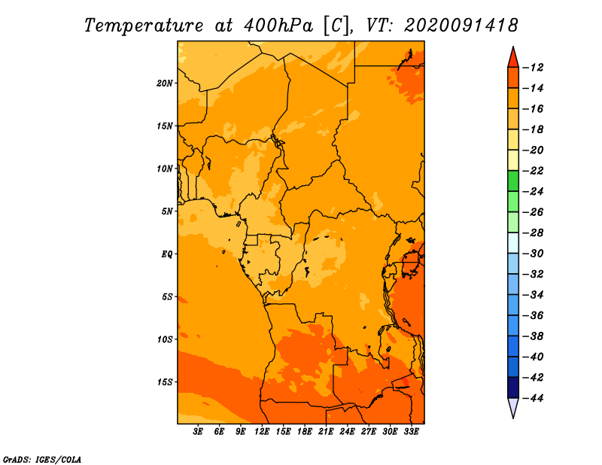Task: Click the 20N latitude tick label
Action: pyautogui.click(x=165, y=84)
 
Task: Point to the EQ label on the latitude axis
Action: pyautogui.click(x=167, y=254)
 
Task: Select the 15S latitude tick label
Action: pyautogui.click(x=165, y=382)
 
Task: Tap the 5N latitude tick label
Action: pyautogui.click(x=167, y=211)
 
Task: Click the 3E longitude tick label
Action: pyautogui.click(x=198, y=432)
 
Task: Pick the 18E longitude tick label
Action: pyautogui.click(x=305, y=432)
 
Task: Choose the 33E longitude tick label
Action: pyautogui.click(x=411, y=432)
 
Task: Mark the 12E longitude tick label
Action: pyautogui.click(x=262, y=432)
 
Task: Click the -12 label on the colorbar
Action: pyautogui.click(x=534, y=68)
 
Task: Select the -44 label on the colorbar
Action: pyautogui.click(x=534, y=398)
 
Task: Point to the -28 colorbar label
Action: pyautogui.click(x=534, y=233)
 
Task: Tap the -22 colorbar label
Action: pyautogui.click(x=534, y=171)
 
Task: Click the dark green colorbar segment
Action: pyautogui.click(x=513, y=181)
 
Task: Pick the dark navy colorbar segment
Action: pyautogui.click(x=513, y=387)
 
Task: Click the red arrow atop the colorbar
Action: pyautogui.click(x=513, y=59)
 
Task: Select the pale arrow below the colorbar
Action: pyautogui.click(x=513, y=407)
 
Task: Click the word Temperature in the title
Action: pyautogui.click(x=144, y=26)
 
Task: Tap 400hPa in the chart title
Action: pyautogui.click(x=278, y=26)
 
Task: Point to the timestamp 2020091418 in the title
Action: pyautogui.click(x=461, y=26)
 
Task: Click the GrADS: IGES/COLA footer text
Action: pyautogui.click(x=42, y=459)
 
